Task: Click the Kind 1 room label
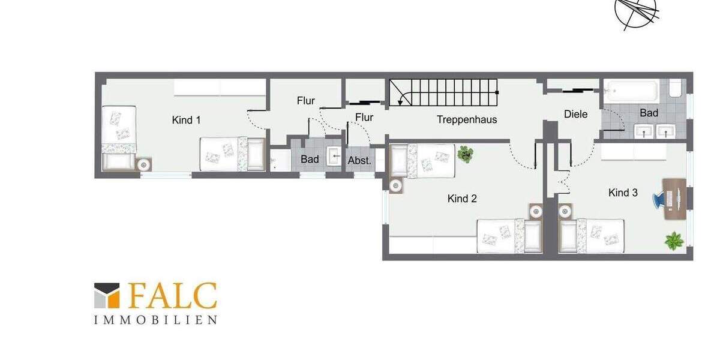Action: coord(186,120)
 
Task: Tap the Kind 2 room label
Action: coord(462,199)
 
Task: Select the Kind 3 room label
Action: coord(623,193)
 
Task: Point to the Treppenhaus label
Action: coord(467,119)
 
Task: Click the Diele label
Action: coord(575,114)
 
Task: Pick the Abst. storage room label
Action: coord(360,160)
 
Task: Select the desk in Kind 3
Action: coord(675,199)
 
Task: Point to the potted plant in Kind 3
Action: coord(674,241)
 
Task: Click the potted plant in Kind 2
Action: coord(465,154)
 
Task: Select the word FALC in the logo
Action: coord(172,296)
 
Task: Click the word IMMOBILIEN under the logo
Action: coord(155,320)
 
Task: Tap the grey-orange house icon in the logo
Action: coord(107,296)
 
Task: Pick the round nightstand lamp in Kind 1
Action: coord(144,164)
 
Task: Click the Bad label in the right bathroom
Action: coord(649,113)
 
